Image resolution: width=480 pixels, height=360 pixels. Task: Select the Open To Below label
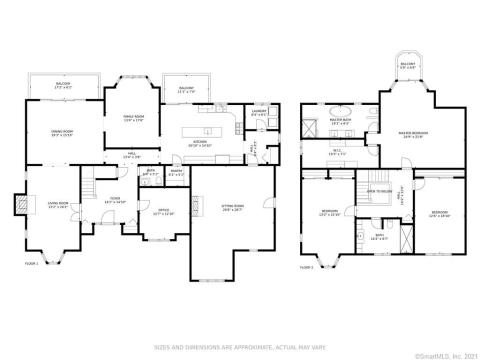coord(379,189)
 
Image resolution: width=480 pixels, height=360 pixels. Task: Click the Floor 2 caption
coord(308,267)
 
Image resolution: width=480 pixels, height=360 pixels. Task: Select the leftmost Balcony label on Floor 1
coord(61,85)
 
